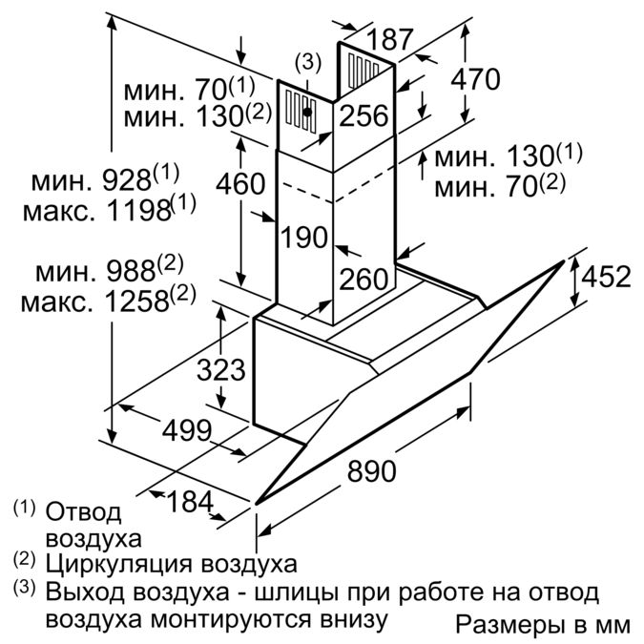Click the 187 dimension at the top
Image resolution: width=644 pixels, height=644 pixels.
coord(388,39)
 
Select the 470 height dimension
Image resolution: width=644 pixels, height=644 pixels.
coord(475,79)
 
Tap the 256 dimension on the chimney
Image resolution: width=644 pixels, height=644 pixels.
coord(364,115)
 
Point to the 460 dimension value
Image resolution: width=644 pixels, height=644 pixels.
coord(240,183)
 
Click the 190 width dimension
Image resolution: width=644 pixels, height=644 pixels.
coord(304,237)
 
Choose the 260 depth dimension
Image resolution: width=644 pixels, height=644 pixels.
coord(364,279)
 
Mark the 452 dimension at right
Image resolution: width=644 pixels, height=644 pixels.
coord(606,277)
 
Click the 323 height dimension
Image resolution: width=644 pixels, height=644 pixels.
coord(221,369)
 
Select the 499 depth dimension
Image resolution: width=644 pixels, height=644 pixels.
coord(187,430)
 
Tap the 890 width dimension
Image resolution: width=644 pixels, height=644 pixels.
coord(372,470)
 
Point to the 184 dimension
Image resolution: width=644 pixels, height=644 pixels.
coord(191,502)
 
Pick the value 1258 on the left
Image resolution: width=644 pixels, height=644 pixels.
coord(137,301)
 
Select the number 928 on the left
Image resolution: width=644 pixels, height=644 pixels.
coord(127,180)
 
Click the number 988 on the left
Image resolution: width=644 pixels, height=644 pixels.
coord(131,271)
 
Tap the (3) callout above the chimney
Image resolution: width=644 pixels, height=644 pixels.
coord(307,63)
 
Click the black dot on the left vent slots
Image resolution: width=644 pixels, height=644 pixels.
coord(307,112)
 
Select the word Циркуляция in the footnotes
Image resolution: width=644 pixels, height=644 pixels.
coord(118,565)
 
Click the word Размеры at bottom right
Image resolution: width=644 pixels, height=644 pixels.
coord(509,625)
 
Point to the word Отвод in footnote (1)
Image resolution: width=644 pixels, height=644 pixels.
coord(83,512)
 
